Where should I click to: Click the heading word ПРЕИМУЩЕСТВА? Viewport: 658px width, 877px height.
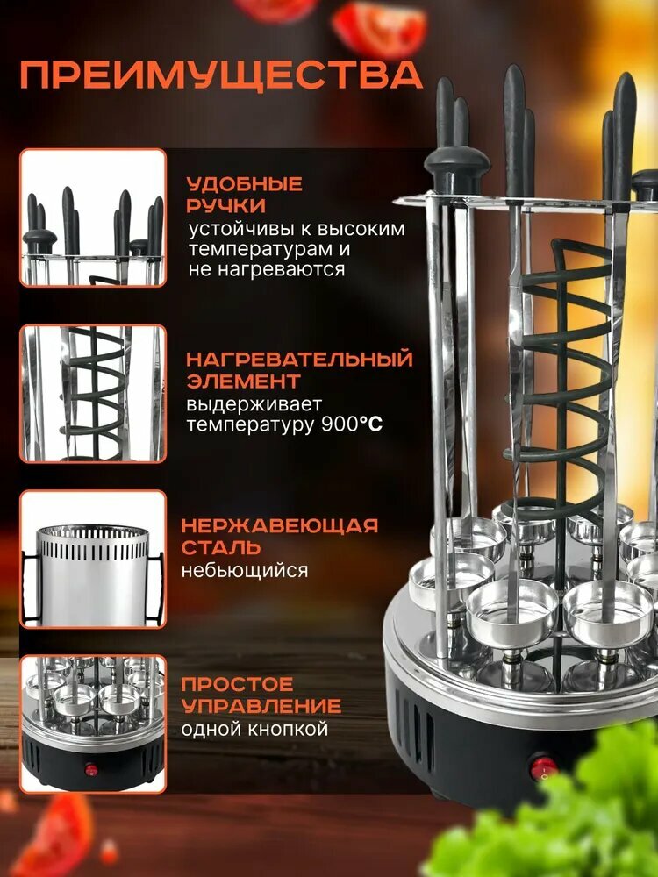tap(220, 75)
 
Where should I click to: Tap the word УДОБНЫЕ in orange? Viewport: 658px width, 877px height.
tap(244, 185)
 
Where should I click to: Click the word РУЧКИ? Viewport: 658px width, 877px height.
tap(225, 206)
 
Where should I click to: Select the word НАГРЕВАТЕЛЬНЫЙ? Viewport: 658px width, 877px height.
tap(298, 360)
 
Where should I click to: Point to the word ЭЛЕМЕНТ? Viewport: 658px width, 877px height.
tap(243, 381)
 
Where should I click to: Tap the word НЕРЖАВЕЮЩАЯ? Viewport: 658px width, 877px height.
tap(279, 526)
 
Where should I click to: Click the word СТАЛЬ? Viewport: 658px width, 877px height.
tap(220, 548)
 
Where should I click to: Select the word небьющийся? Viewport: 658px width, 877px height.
tap(244, 571)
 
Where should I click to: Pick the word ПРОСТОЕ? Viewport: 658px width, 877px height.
tap(237, 684)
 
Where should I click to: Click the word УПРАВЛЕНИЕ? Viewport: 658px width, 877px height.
tap(261, 706)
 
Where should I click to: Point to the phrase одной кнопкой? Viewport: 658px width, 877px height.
tap(254, 729)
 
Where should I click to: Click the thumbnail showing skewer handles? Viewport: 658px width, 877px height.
tap(93, 217)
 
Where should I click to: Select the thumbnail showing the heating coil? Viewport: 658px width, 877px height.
tap(93, 394)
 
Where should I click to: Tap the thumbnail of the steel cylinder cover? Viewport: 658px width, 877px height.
tap(93, 560)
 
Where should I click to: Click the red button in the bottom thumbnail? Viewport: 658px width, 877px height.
tap(91, 769)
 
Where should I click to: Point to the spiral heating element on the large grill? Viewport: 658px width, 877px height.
tap(561, 368)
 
